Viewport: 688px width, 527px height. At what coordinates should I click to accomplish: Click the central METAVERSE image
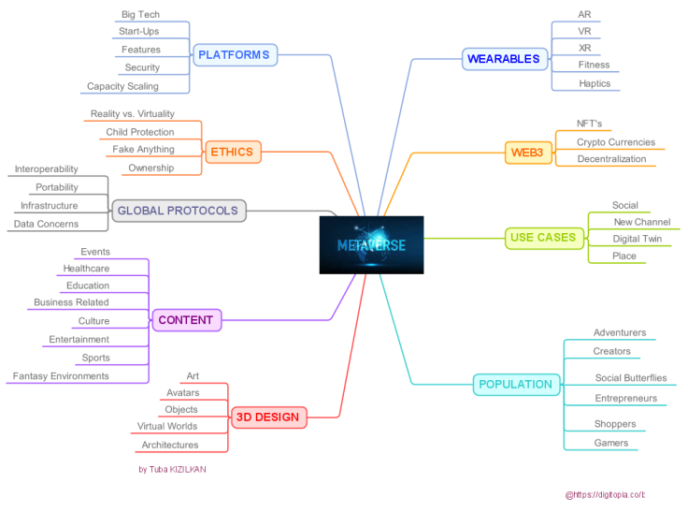371,245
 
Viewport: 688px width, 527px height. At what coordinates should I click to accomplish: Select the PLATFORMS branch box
236,55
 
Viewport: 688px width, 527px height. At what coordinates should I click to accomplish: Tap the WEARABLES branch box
505,59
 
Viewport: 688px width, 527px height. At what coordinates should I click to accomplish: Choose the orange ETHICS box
233,152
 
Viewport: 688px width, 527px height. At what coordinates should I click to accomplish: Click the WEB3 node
528,153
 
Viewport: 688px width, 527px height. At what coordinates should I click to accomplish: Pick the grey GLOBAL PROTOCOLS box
179,211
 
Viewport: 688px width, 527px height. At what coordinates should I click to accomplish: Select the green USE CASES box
544,239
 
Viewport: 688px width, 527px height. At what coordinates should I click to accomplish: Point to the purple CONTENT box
186,320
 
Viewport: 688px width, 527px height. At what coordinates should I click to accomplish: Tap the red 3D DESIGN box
268,417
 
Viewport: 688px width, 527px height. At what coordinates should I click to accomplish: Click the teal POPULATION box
516,385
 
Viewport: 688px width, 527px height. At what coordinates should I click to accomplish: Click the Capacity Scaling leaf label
122,86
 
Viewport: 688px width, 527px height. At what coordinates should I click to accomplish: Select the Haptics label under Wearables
595,83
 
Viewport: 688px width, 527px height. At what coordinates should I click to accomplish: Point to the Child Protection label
140,132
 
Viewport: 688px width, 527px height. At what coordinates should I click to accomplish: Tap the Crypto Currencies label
616,142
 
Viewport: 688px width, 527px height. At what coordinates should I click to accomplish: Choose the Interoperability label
46,169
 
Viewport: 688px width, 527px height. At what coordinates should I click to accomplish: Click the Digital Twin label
638,239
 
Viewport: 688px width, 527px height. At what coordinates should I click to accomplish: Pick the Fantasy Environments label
61,375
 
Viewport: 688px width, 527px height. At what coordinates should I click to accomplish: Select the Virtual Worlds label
167,426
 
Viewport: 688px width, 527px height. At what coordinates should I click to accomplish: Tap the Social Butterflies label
631,377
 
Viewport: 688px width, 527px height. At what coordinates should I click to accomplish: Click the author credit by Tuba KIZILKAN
172,469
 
